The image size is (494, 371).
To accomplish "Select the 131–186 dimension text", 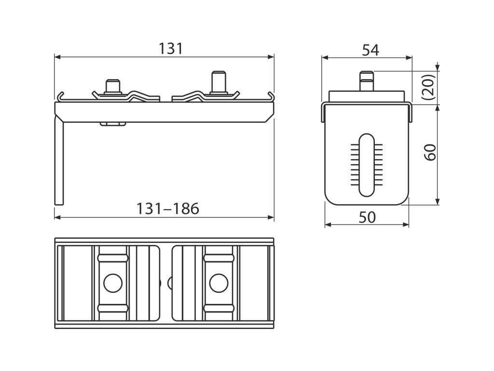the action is coord(167,209).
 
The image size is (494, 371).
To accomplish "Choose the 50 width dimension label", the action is coord(367,217).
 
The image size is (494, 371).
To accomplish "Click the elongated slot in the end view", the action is coord(367,164).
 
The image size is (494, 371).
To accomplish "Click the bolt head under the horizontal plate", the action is coord(113,124).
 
